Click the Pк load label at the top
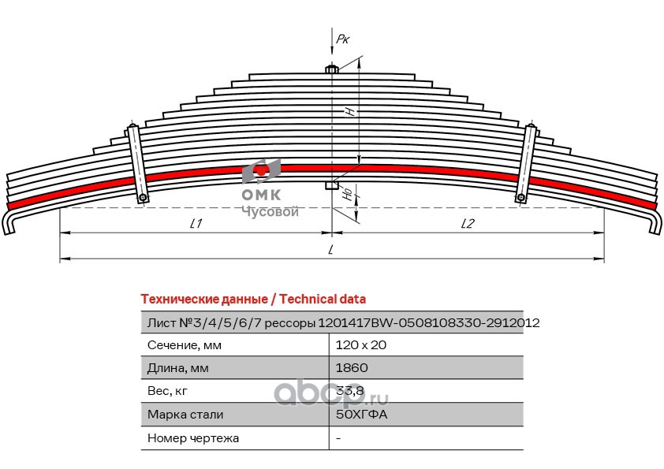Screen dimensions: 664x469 343,39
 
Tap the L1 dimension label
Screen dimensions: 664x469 196,224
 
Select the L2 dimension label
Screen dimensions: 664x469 468,224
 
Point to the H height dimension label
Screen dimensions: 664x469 350,111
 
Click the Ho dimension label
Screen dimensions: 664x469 348,194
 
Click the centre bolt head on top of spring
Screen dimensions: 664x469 331,69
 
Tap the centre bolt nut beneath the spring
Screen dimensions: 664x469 331,185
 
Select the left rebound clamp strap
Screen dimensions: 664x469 138,163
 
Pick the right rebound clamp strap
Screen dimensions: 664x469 526,163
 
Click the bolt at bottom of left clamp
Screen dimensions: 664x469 143,198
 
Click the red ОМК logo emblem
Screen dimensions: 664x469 261,171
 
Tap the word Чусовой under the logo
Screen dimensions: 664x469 270,211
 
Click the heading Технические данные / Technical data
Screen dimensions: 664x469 253,300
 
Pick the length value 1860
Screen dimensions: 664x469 352,368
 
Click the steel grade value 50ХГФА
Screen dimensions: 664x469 361,415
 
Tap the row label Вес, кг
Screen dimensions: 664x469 167,392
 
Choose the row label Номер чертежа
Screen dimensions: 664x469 193,438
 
